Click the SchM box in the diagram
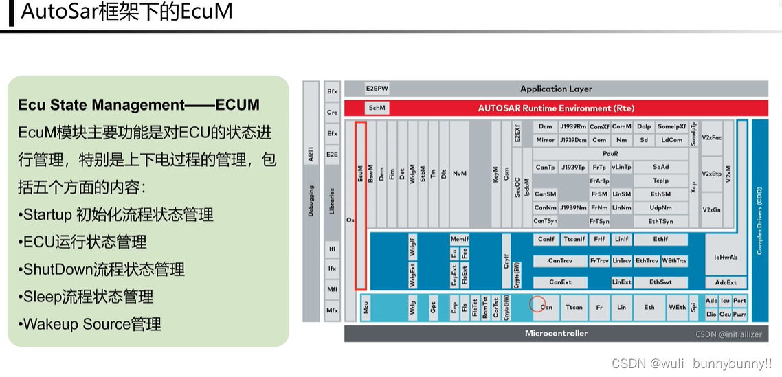click(x=377, y=108)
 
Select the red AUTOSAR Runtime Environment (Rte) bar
click(x=556, y=108)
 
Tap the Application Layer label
click(x=556, y=89)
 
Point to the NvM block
click(x=460, y=173)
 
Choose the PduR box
click(x=610, y=154)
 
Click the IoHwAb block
click(x=725, y=258)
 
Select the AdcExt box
click(x=725, y=282)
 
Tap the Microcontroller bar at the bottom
click(x=556, y=334)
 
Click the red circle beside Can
click(x=537, y=304)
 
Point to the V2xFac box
click(x=711, y=137)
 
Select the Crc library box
click(x=332, y=112)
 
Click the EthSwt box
click(x=660, y=282)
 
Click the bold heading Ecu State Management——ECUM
click(x=138, y=105)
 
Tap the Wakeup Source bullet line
click(x=89, y=324)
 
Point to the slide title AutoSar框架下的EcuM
click(x=127, y=12)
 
